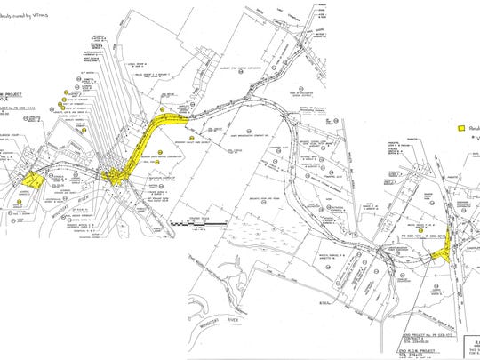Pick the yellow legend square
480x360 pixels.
(461, 128)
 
